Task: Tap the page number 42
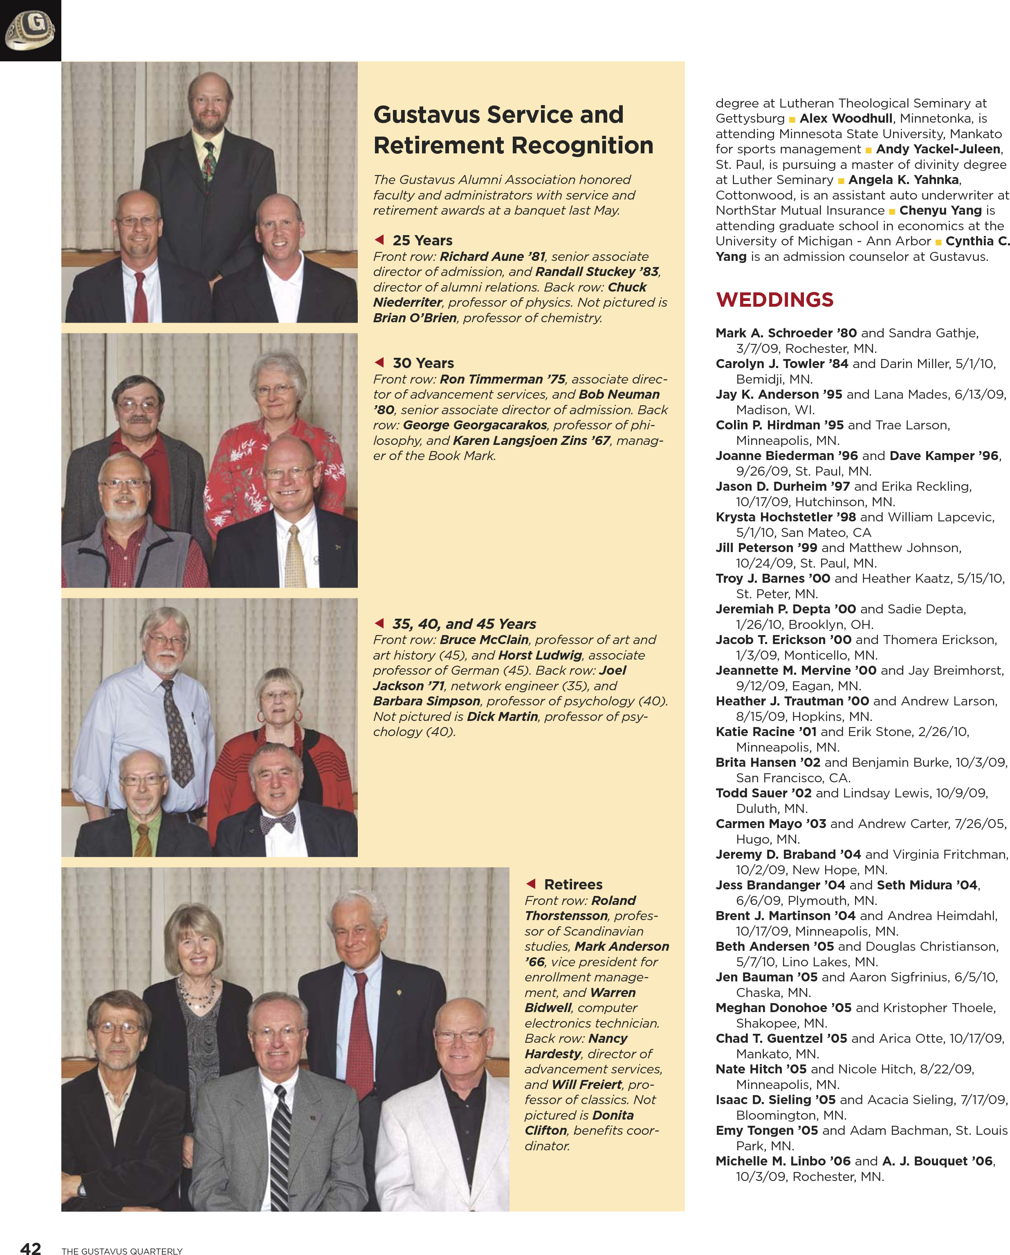click(x=30, y=1247)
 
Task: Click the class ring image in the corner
click(x=30, y=30)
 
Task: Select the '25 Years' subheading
click(x=422, y=240)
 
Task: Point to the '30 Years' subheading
click(x=423, y=363)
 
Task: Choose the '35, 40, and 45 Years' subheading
click(x=464, y=624)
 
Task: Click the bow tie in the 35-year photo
click(x=278, y=824)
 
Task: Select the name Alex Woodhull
click(x=845, y=119)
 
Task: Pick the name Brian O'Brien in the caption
click(x=415, y=318)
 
